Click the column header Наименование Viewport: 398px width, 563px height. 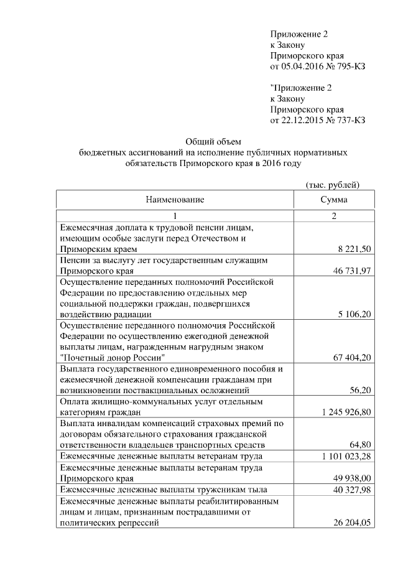[x=175, y=200]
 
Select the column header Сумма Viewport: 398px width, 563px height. [x=333, y=200]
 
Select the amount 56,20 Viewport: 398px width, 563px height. [x=361, y=391]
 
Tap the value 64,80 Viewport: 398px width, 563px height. [x=361, y=445]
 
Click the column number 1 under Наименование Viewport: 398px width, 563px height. [x=175, y=216]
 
